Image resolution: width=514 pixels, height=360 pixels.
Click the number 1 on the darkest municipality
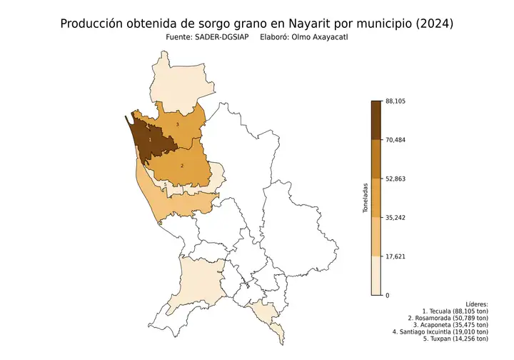click(150, 139)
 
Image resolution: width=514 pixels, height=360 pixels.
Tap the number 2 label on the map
click(182, 166)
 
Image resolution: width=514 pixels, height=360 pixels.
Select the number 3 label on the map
click(177, 125)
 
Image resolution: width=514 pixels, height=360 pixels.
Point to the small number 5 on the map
click(166, 184)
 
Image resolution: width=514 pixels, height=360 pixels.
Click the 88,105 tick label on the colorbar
click(395, 101)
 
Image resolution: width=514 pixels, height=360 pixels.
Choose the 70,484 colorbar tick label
click(395, 140)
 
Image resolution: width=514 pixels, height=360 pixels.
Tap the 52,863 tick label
click(395, 179)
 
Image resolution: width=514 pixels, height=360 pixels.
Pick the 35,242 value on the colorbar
click(395, 217)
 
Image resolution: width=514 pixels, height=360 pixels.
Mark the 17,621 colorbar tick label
click(395, 256)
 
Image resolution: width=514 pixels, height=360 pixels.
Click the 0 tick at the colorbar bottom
click(387, 295)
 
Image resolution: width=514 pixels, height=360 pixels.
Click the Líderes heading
click(476, 304)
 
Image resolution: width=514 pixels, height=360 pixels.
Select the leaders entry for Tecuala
click(455, 311)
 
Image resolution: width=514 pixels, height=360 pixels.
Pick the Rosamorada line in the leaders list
click(448, 318)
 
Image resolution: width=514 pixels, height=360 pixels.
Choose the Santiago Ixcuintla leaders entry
click(440, 331)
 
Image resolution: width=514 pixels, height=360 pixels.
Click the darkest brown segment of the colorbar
click(376, 119)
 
